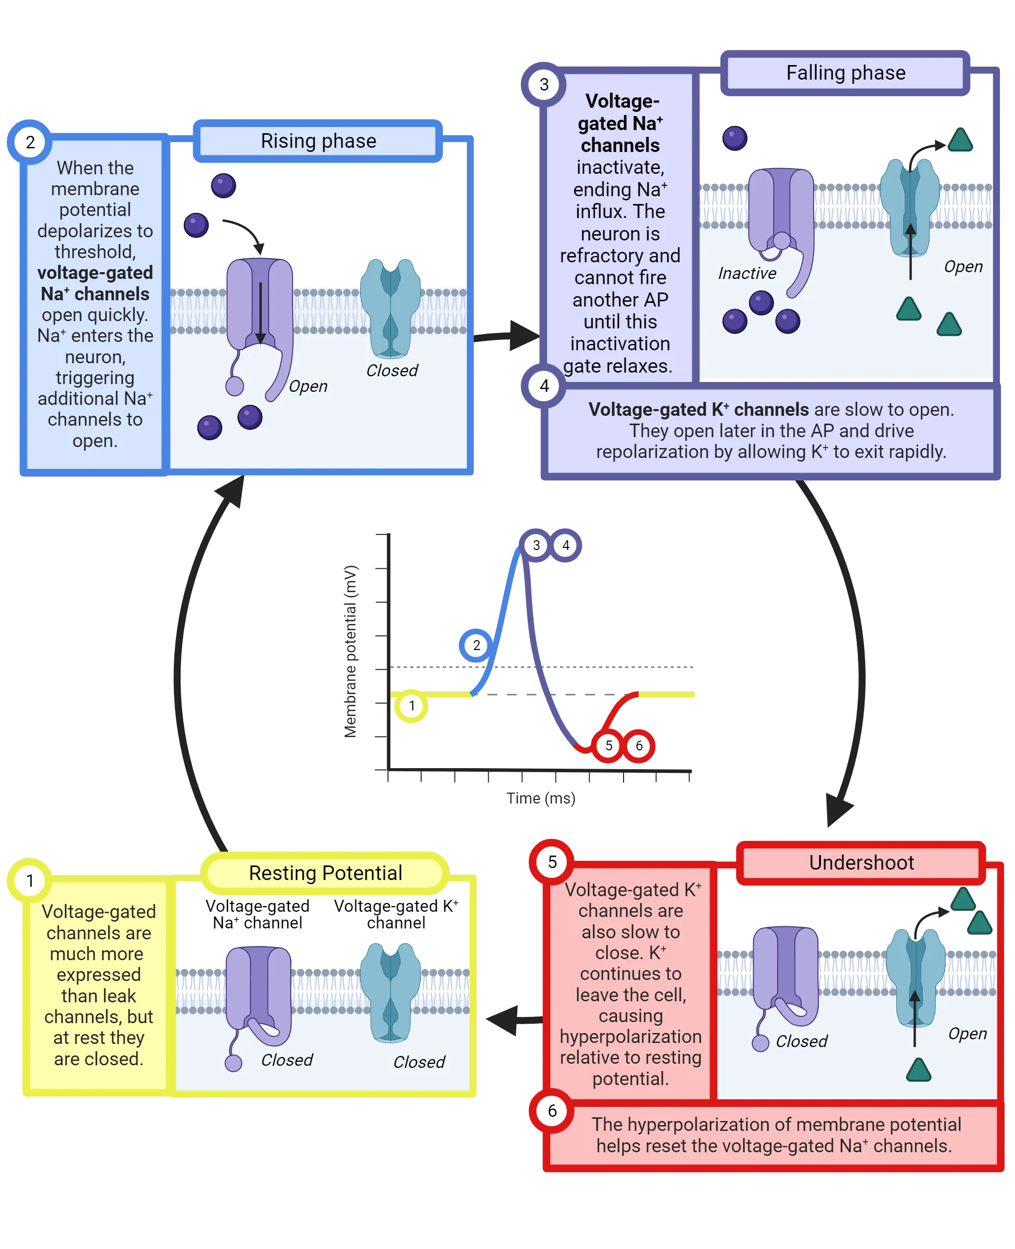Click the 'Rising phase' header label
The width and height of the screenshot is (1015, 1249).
[x=318, y=142]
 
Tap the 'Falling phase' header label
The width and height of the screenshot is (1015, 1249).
[x=845, y=73]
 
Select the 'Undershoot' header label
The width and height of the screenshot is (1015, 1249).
[x=861, y=863]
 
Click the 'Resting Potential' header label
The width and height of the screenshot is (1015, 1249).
[x=325, y=873]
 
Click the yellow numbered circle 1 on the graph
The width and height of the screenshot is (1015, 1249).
[x=412, y=706]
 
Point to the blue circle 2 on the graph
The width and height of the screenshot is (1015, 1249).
[x=476, y=645]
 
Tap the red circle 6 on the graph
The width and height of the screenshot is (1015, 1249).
[x=639, y=746]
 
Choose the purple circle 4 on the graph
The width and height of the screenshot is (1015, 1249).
[x=565, y=545]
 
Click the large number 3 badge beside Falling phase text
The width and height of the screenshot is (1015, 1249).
[x=544, y=85]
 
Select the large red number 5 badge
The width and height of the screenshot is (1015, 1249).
[x=552, y=862]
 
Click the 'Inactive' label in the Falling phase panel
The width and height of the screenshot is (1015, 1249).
[x=746, y=274]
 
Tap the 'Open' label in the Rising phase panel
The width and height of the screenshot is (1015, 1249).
[x=308, y=386]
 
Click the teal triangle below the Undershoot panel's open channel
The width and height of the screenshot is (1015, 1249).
[x=918, y=1069]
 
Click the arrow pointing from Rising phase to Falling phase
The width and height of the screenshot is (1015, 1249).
[x=506, y=336]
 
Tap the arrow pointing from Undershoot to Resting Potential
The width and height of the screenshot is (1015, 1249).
[x=512, y=1021]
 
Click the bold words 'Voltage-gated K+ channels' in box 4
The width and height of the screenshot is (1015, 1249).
[x=698, y=410]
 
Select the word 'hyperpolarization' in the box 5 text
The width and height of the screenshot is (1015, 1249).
[x=630, y=1036]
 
